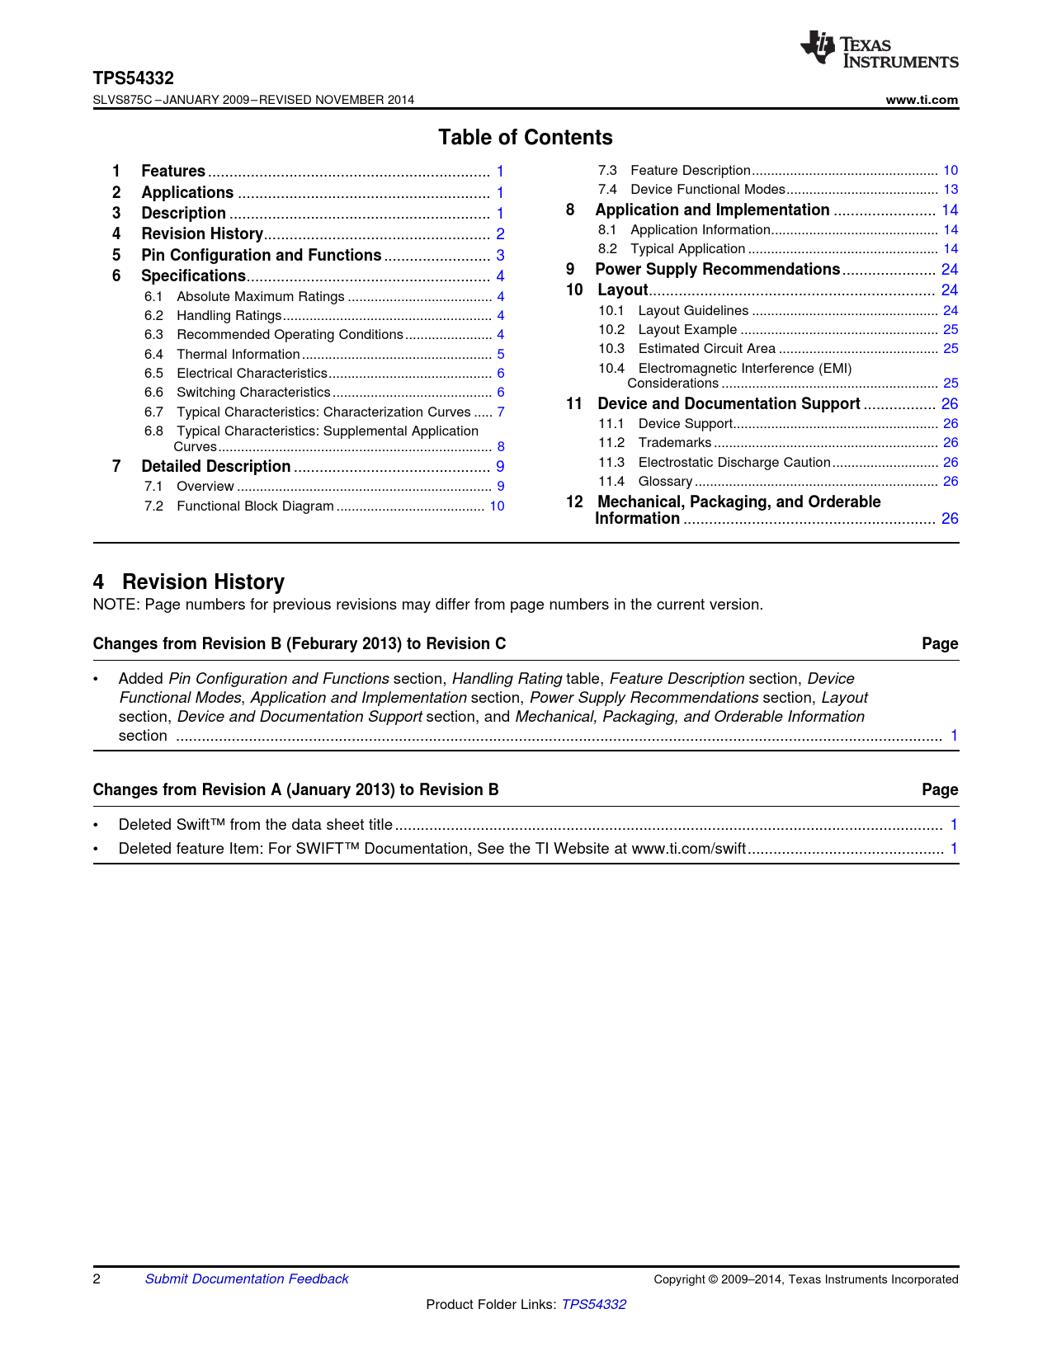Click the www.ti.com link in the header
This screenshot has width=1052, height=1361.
tap(922, 100)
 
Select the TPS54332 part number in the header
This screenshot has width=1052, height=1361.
tap(133, 78)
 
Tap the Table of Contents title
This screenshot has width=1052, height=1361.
tap(525, 138)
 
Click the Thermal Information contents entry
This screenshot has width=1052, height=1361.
tap(238, 354)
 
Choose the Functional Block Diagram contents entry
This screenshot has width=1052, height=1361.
tap(255, 506)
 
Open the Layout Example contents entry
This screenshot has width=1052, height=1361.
tap(687, 329)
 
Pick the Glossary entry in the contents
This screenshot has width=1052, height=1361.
tap(665, 481)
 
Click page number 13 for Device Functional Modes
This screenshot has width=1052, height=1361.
tap(951, 189)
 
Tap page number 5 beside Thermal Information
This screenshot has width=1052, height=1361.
tap(501, 354)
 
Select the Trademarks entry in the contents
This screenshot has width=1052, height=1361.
tap(674, 442)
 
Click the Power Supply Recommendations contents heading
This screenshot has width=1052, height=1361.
tap(717, 269)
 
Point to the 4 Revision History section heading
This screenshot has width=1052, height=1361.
tap(189, 582)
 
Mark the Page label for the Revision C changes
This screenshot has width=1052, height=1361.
tap(940, 643)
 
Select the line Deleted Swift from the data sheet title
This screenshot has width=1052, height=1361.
tap(256, 824)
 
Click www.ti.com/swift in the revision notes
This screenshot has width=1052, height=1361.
tap(688, 848)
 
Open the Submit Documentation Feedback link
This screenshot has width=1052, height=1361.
tap(247, 1279)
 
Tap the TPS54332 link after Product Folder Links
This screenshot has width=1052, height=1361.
tap(593, 1304)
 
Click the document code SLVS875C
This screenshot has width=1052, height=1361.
tap(122, 100)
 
